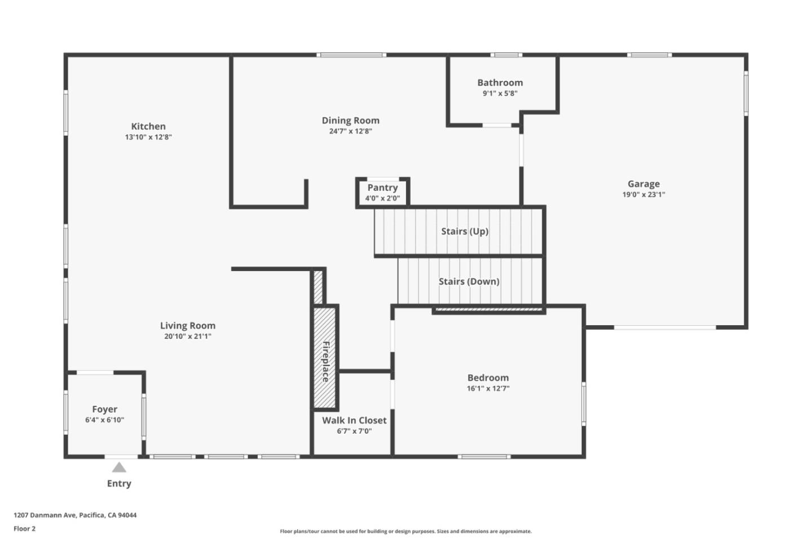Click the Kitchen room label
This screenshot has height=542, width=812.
[x=148, y=126]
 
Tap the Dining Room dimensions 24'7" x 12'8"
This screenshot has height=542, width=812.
[x=350, y=132]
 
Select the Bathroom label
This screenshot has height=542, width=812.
[x=500, y=82]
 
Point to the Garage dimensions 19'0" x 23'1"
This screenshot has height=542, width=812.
[x=643, y=195]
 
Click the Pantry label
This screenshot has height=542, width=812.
[x=382, y=187]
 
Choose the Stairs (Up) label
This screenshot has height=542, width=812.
[x=465, y=231]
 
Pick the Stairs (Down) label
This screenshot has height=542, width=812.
[x=469, y=281]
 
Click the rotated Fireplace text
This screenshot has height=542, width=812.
[x=325, y=362]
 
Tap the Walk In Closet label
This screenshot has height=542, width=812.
[x=354, y=420]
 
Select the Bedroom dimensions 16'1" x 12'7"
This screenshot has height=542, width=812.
[x=488, y=388]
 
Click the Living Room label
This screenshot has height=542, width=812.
[x=187, y=325]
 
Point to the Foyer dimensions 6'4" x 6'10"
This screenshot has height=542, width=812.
[x=104, y=420]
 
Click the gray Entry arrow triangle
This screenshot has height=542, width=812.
[x=119, y=467]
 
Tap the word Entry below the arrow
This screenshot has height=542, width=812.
[x=119, y=484]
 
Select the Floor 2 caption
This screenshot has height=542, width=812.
[x=24, y=529]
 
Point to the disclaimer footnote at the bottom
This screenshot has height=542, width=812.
[x=405, y=531]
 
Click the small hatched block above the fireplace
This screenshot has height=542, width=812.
[x=318, y=287]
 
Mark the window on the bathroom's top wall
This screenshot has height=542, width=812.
[x=505, y=55]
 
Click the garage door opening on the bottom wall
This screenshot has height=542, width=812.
[x=665, y=327]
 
